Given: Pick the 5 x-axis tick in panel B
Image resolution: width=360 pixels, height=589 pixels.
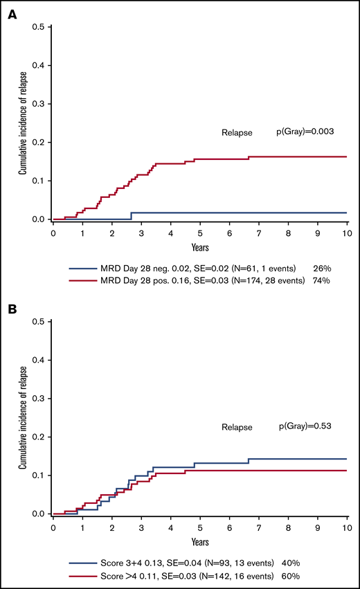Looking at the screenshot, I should coord(200,528).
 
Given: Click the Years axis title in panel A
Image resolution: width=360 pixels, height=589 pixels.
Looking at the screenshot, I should coord(200,246).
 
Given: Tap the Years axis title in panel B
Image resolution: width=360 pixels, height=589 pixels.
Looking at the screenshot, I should coord(200,541).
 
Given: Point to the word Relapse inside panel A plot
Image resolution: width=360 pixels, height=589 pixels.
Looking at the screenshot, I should coord(236,131).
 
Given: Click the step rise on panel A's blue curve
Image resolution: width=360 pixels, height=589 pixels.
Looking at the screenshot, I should coord(131,216).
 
